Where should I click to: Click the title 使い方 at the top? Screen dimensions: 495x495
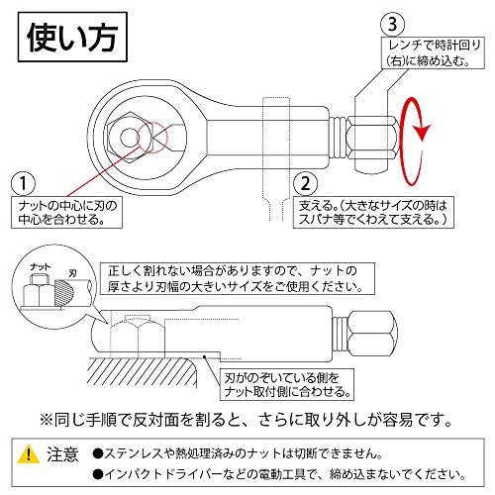coord(72,37)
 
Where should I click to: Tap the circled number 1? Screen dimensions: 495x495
coord(23,183)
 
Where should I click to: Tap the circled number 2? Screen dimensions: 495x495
coord(305,183)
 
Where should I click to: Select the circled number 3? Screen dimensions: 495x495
coord(392,25)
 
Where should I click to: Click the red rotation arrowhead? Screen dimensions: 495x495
coord(423,133)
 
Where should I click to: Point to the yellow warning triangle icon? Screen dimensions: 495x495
coord(29,454)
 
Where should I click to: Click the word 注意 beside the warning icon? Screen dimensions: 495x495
coord(62,454)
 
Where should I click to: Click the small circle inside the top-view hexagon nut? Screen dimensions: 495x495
coord(129,138)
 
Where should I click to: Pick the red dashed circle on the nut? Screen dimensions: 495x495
coord(152,138)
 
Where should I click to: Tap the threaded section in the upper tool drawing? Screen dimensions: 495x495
coord(338,137)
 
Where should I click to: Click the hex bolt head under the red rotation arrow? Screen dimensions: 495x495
coord(372,138)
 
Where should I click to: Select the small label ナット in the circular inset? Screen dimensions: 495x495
coord(41,266)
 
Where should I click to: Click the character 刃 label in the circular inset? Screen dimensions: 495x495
coord(72,273)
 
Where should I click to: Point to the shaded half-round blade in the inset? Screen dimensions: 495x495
coord(63,292)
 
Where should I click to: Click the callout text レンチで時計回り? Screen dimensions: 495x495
coord(435,46)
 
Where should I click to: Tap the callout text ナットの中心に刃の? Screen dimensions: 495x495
coord(67,206)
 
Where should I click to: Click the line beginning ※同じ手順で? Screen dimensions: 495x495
coord(246,420)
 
